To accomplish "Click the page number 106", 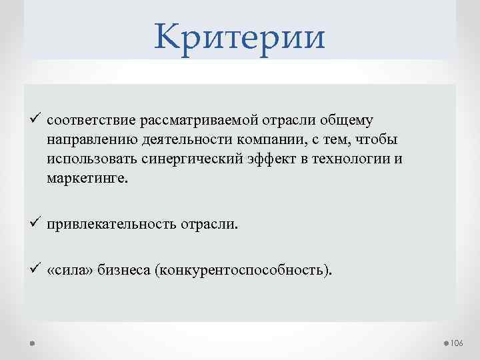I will coord(457,343).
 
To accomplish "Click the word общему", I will coord(347,121).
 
